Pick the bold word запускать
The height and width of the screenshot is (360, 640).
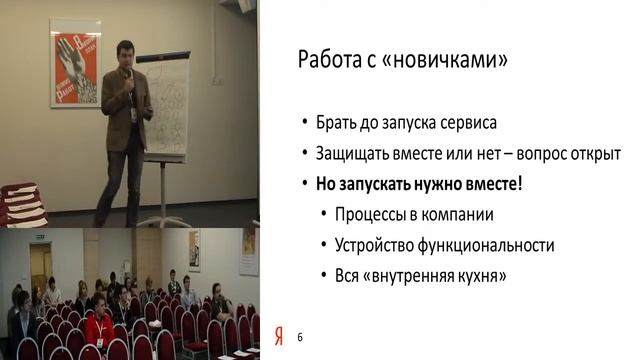(381, 186)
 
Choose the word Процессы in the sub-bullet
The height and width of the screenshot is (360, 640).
(371, 215)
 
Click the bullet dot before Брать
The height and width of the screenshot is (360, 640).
(306, 125)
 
